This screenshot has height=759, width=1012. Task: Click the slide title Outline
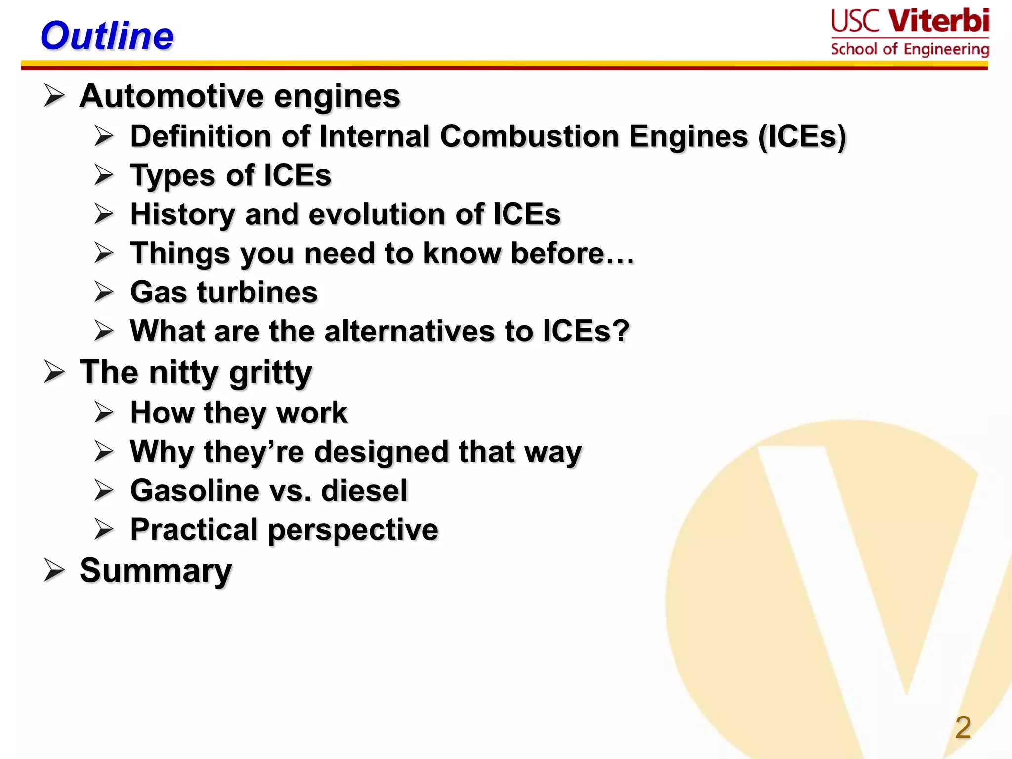[x=107, y=36]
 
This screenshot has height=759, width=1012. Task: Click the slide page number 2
[x=963, y=727]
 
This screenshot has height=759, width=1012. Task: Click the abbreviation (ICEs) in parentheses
[x=802, y=137]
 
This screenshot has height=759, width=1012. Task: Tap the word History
[x=182, y=214]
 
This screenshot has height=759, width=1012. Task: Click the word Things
[x=180, y=254]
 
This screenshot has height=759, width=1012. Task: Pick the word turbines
[x=257, y=292]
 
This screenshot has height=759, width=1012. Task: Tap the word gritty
[x=271, y=373]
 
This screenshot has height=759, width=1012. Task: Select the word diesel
[x=364, y=491]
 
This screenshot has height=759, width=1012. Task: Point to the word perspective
[x=353, y=530]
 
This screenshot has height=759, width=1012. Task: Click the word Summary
[x=156, y=571]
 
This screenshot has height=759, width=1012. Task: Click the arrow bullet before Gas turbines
[x=104, y=292]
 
